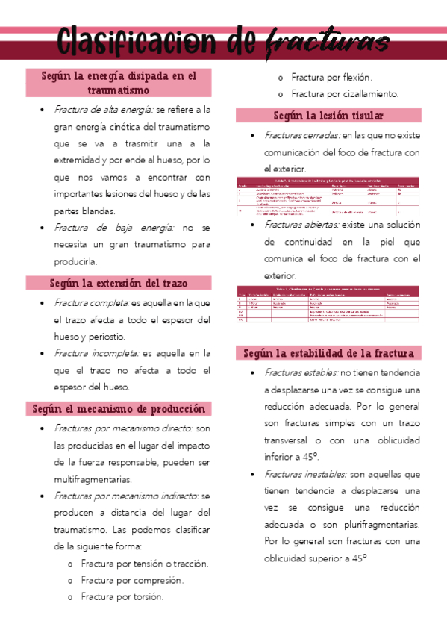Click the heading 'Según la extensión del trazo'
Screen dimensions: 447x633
coord(119,284)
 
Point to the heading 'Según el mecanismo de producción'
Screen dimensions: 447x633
coord(119,409)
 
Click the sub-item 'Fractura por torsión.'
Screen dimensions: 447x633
coord(122,596)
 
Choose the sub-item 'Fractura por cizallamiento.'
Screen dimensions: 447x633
coord(345,94)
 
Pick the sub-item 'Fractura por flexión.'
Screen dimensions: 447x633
coord(332,77)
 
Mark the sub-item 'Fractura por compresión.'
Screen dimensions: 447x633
coord(132,580)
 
